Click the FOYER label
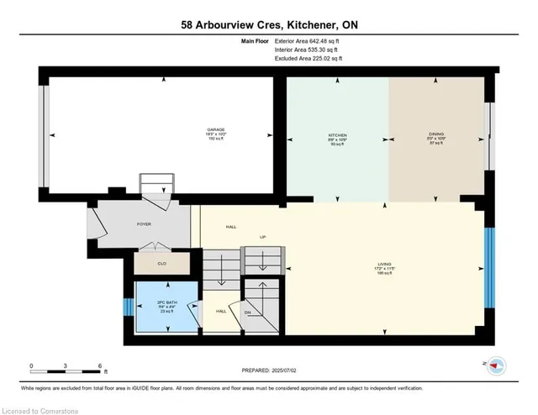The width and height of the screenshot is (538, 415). coord(144,224)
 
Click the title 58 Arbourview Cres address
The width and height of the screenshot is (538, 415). coord(269,25)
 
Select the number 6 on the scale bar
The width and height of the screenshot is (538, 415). coord(100,366)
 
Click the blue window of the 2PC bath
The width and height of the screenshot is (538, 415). coord(128,304)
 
